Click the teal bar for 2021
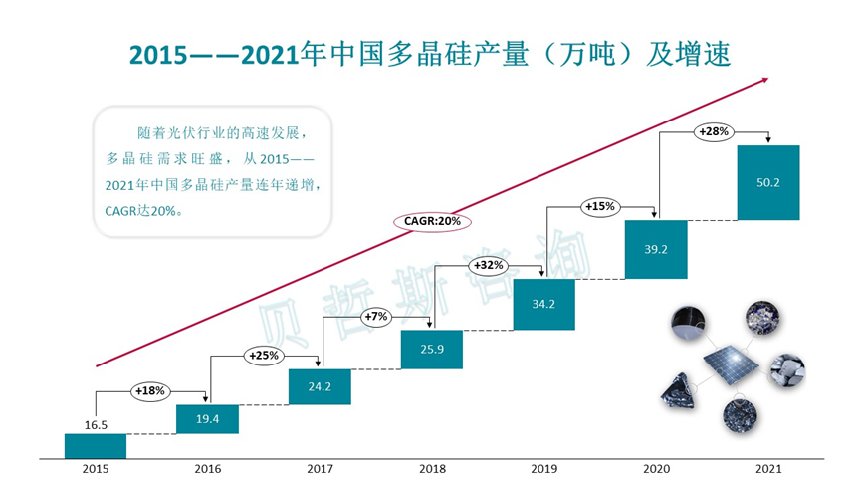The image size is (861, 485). click(767, 182)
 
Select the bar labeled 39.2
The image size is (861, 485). click(655, 250)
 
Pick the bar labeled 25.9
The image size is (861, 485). click(431, 349)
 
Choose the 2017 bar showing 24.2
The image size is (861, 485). click(319, 386)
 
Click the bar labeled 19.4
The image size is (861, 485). click(207, 419)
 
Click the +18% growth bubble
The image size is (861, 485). click(150, 390)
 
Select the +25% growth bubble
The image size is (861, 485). click(263, 354)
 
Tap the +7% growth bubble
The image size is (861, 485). click(375, 316)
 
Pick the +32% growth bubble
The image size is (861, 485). click(488, 266)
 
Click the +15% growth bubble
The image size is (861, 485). click(600, 206)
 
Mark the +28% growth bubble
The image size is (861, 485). click(713, 131)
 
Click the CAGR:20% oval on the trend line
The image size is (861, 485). click(431, 220)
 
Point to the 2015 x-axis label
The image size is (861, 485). click(95, 469)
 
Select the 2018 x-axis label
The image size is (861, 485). click(431, 469)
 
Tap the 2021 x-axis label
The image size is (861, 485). click(767, 469)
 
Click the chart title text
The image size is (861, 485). click(431, 52)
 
